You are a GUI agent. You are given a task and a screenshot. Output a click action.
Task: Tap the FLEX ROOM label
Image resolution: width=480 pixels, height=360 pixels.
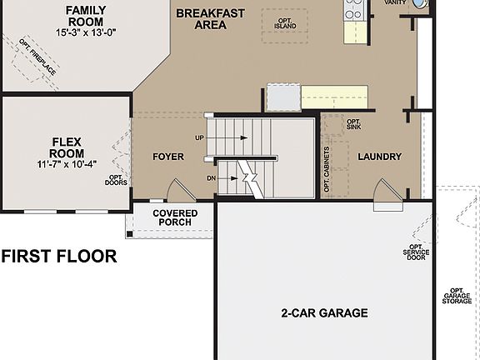tap(66, 147)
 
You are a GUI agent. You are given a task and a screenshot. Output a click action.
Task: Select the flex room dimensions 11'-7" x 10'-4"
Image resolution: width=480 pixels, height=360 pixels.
tap(66, 164)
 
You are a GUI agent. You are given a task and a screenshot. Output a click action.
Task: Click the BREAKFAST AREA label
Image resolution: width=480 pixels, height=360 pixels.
tap(211, 19)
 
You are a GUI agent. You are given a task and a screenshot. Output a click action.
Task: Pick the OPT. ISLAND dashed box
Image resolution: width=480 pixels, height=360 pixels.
tap(285, 21)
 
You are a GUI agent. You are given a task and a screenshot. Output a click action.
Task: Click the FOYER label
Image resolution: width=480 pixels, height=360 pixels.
tap(168, 157)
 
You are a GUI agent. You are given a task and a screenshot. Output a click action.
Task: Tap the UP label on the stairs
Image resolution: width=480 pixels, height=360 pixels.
tap(199, 137)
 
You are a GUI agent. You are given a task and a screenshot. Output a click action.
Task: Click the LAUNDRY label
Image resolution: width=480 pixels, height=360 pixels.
tap(379, 157)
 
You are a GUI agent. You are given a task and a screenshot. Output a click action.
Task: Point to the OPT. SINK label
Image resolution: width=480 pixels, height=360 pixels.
tap(353, 124)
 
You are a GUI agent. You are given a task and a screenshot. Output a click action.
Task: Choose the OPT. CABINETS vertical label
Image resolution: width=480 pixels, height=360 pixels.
tap(326, 167)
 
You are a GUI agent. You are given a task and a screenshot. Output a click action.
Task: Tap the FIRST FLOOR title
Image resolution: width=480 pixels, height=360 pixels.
tap(58, 256)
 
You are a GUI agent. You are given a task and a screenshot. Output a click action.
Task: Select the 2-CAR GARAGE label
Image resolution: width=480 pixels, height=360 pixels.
tap(324, 313)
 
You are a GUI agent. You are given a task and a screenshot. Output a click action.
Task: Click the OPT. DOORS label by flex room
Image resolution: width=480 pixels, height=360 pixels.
tap(117, 180)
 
